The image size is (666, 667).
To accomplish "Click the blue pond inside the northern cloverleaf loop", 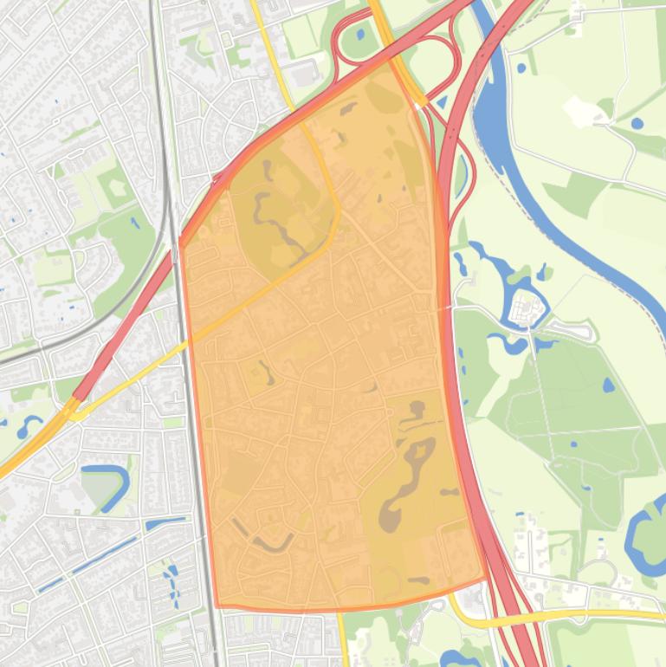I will point(358,36).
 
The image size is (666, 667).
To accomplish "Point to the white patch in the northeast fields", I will point(579,110).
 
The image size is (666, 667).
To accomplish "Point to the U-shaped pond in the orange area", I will point(273,543).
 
